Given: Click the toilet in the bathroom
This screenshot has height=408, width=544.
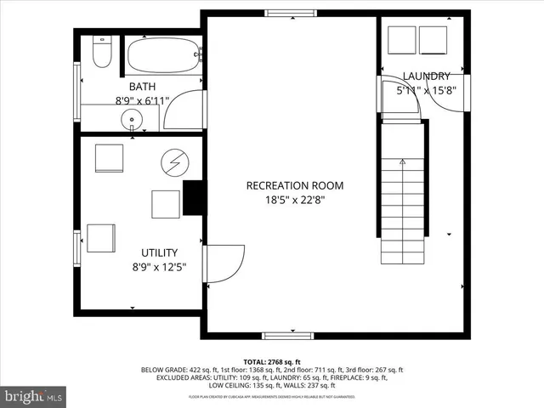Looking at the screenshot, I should pos(102,53).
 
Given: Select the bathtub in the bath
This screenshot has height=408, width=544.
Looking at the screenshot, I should pos(164,55).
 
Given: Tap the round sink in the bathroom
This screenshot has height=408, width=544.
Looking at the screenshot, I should pos(133,118).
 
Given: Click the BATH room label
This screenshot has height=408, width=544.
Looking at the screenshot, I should pos(141,87).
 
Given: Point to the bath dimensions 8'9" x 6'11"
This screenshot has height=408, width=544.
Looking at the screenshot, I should pos(141,100).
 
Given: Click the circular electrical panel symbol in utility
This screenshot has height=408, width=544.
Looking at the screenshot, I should pos(174,161).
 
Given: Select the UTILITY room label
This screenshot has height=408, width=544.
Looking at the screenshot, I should pos(159,252).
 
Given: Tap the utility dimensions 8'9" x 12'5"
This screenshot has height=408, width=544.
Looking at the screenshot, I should pos(158,267).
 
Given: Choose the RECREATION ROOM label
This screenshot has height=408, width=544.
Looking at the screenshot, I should pos(295,186).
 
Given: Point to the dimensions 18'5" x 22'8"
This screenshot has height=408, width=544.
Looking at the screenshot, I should pos(295,201).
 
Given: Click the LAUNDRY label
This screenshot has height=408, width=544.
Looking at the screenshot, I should pos(426,76).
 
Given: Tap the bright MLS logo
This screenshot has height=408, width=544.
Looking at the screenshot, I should pos(35,396).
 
